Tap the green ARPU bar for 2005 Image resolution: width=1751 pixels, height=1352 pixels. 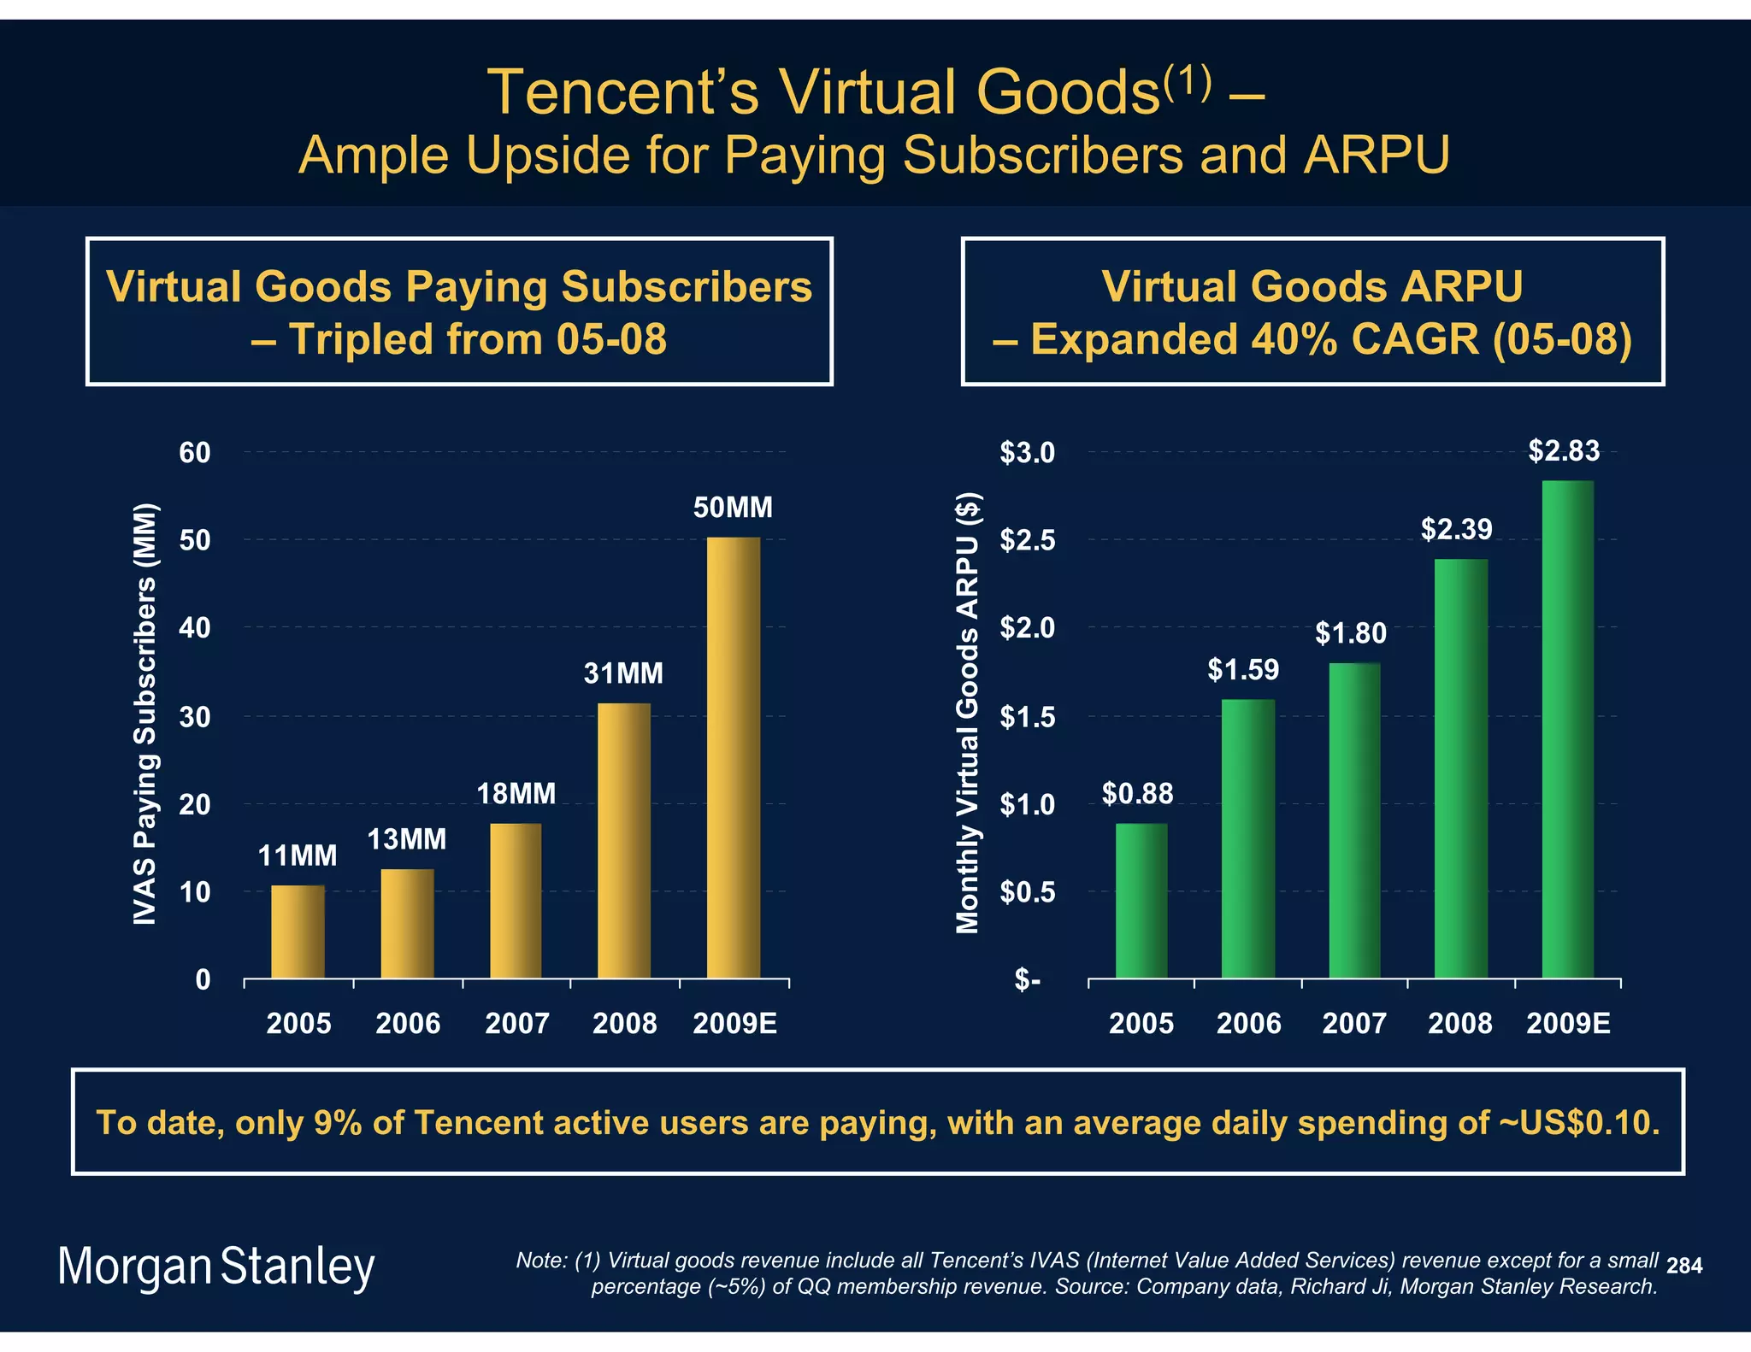[1141, 901]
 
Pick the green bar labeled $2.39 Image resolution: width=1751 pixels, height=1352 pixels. [1460, 768]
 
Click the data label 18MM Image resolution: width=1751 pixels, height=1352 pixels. [516, 794]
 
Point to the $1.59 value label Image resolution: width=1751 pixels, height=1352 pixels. [1243, 669]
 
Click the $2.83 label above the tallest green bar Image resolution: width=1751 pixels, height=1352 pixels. [1564, 450]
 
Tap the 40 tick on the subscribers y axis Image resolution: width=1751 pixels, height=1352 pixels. [194, 628]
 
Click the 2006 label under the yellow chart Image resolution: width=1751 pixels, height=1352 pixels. [408, 1023]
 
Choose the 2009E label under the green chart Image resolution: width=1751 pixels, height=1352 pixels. [1568, 1023]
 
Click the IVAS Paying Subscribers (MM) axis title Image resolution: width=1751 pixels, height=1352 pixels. [145, 714]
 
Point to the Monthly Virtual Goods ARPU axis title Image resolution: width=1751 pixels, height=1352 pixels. [967, 714]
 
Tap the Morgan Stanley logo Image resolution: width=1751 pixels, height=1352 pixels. [216, 1267]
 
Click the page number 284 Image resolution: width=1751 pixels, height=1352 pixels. [1683, 1266]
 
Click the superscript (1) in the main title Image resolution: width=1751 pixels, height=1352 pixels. [1187, 83]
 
